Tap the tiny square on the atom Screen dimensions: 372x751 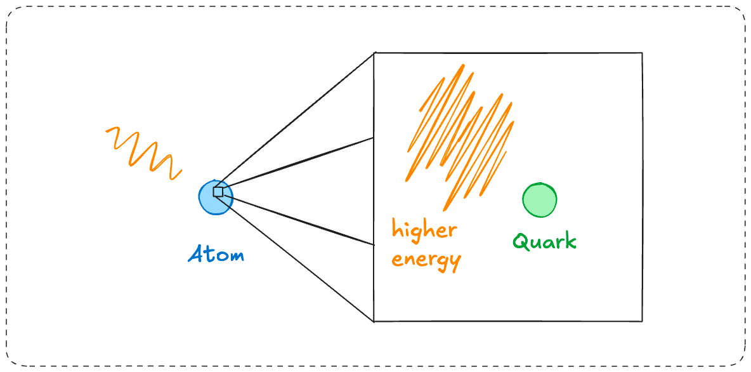pyautogui.click(x=218, y=191)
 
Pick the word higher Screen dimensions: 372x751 pyautogui.click(x=424, y=230)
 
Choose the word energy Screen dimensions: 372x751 pyautogui.click(x=426, y=260)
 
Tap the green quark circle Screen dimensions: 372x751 pyautogui.click(x=539, y=200)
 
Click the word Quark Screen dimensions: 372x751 pyautogui.click(x=544, y=242)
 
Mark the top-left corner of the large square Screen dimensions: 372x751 pyautogui.click(x=374, y=53)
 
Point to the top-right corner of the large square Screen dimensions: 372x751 pyautogui.click(x=642, y=53)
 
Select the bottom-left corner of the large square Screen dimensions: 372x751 pyautogui.click(x=374, y=321)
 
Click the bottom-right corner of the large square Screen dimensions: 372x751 pyautogui.click(x=642, y=321)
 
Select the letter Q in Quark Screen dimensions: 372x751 pyautogui.click(x=521, y=242)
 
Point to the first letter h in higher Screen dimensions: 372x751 pyautogui.click(x=396, y=228)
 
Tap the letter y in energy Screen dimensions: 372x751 pyautogui.click(x=454, y=262)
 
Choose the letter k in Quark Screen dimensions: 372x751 pyautogui.click(x=571, y=241)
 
